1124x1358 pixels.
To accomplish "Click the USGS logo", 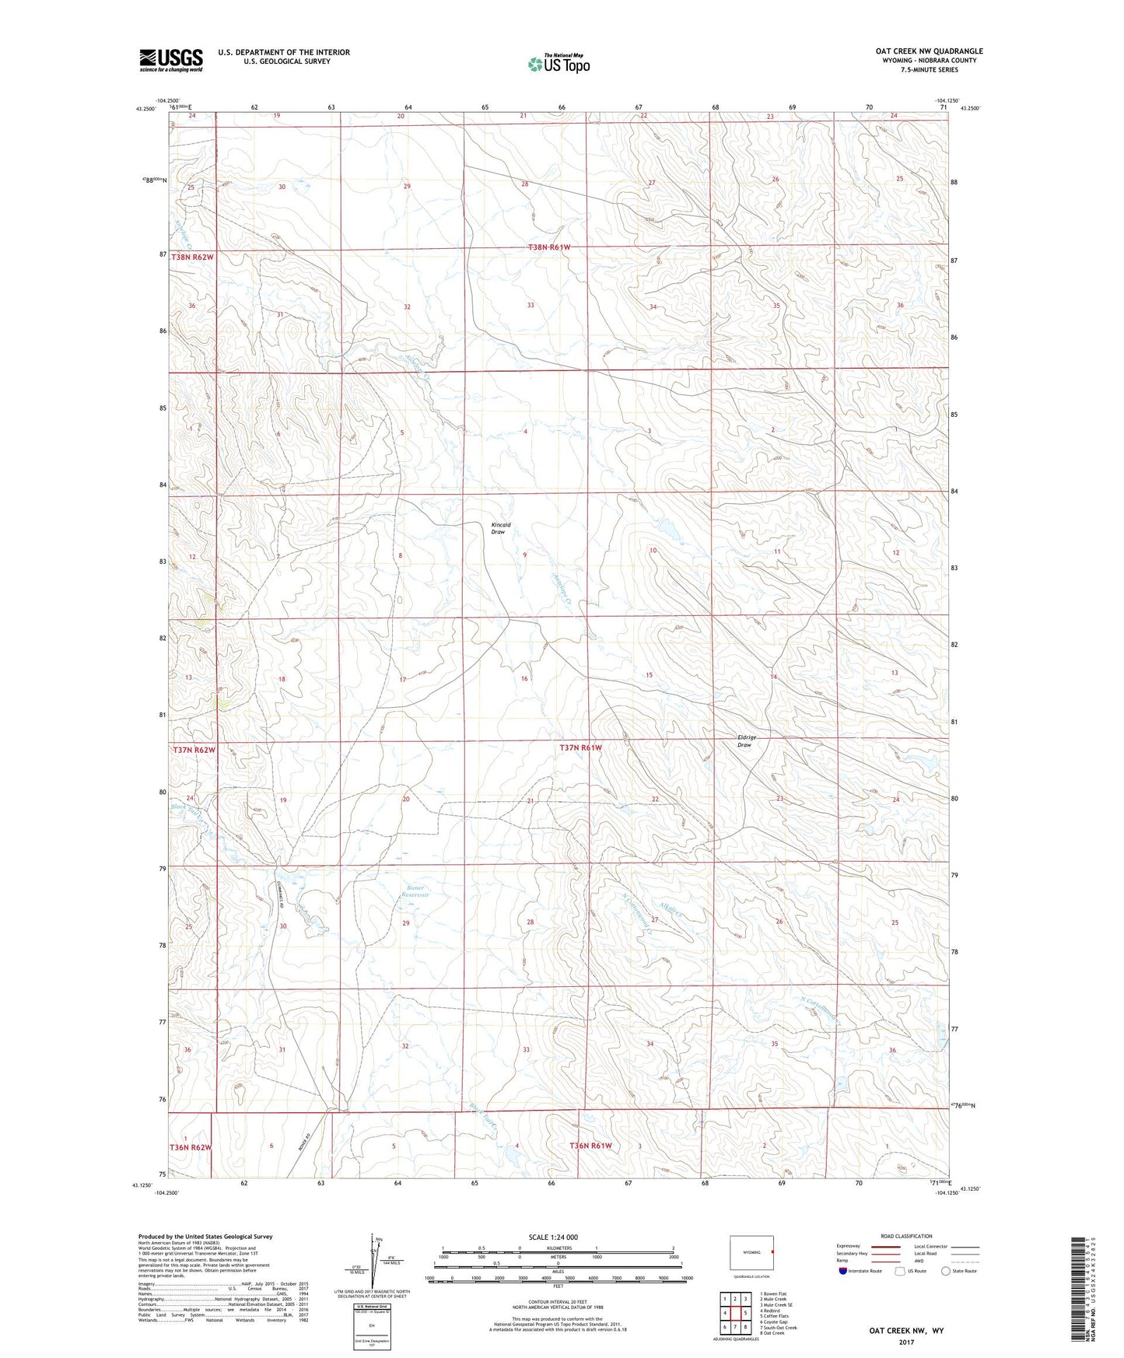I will [x=171, y=60].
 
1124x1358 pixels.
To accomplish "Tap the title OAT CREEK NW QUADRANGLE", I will [x=929, y=51].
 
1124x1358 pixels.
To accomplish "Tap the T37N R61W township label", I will [x=581, y=747].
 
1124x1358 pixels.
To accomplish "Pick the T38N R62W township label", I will [x=192, y=257].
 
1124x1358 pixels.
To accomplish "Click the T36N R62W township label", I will [x=191, y=1147].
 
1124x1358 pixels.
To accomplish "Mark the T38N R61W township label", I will [x=551, y=247].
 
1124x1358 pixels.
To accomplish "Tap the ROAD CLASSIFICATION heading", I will [x=907, y=1236].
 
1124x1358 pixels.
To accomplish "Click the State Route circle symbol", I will [x=946, y=1271].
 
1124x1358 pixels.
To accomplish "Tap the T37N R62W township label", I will [x=193, y=750].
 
